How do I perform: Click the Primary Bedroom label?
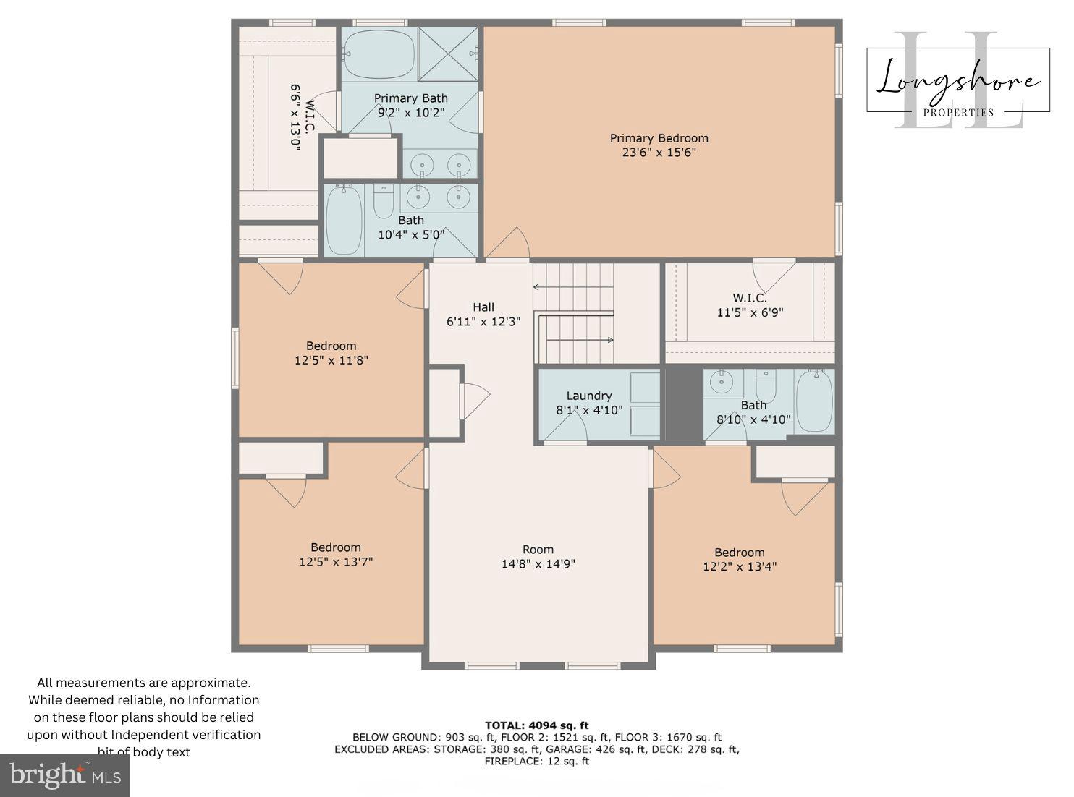point(659,138)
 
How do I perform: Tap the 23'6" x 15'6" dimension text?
point(659,153)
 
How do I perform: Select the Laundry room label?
point(588,396)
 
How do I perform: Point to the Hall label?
point(483,307)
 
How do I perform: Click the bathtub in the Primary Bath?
point(379,54)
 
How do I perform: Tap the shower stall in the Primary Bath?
point(447,54)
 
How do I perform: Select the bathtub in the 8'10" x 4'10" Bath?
point(814,401)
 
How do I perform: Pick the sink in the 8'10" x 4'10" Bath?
point(721,380)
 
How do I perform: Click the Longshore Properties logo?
point(957,81)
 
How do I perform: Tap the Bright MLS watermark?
point(65,776)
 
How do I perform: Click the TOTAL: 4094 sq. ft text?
point(536,725)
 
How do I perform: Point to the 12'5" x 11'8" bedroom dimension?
point(331,360)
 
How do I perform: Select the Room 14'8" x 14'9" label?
point(538,557)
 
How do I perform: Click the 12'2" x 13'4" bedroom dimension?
point(739,567)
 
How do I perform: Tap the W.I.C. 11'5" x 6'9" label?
point(750,305)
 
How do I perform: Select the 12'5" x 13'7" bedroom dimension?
point(336,562)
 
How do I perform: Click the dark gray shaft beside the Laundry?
point(683,404)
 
